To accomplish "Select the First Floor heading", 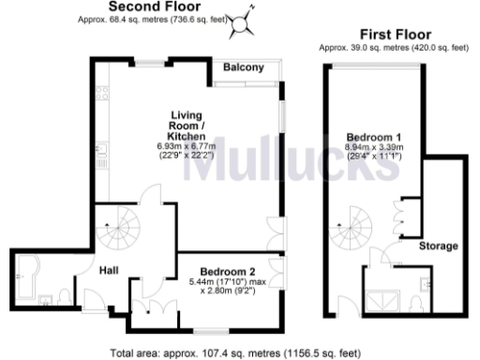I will (387, 34).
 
